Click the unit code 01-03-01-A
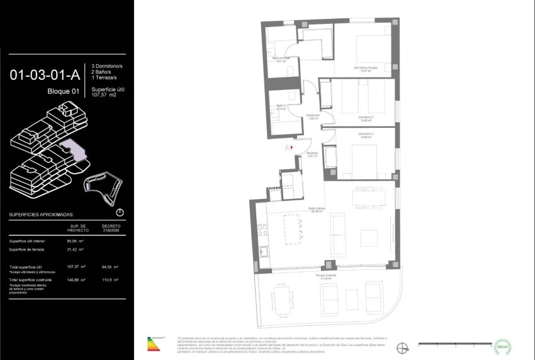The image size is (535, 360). tap(45, 76)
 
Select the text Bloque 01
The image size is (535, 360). tap(63, 92)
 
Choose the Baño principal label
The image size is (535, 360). tap(281, 59)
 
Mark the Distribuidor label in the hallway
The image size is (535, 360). tap(313, 116)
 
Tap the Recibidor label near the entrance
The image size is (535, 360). tap(312, 154)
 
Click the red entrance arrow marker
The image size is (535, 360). tap(291, 148)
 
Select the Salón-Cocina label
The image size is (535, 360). tap(316, 210)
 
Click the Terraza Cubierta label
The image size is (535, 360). tap(326, 276)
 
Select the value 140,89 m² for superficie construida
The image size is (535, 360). tap(77, 279)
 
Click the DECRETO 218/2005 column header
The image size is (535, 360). tap(111, 227)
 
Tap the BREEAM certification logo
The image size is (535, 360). tap(502, 346)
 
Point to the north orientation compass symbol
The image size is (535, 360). tap(402, 346)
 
